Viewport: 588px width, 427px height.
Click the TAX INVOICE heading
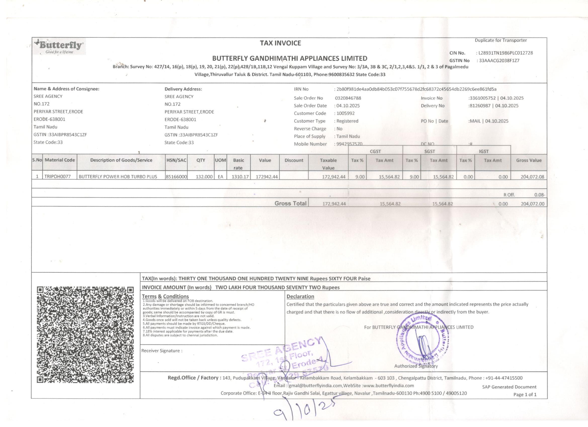pos(280,43)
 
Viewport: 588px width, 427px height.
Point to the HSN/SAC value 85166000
pos(176,177)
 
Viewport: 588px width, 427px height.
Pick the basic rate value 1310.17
pos(240,177)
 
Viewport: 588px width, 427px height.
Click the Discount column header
pos(294,160)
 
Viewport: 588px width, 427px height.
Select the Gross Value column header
pos(529,160)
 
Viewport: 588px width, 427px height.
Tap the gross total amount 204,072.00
pos(532,204)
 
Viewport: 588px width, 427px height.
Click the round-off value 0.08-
pos(539,195)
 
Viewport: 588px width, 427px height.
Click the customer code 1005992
pos(345,114)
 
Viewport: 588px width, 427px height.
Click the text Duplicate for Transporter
pos(501,40)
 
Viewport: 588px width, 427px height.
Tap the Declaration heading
pos(300,296)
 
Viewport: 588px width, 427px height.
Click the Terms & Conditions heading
pos(165,296)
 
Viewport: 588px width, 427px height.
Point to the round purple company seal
pos(422,339)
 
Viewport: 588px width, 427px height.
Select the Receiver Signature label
pos(162,351)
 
